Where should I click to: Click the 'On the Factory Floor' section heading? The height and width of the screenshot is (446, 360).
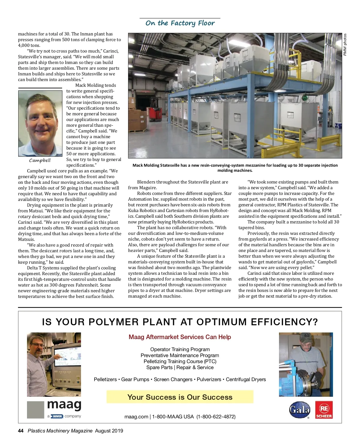tap(180, 23)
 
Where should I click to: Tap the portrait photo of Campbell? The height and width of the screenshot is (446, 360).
tap(40, 123)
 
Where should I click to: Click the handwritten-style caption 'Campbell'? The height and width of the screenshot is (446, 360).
tap(40, 160)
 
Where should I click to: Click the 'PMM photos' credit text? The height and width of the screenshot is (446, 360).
tap(345, 44)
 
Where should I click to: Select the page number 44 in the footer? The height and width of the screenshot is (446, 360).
tap(21, 431)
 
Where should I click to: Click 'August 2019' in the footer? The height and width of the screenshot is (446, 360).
tap(109, 431)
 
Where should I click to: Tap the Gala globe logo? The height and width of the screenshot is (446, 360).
tap(299, 410)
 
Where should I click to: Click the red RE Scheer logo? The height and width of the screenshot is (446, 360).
tap(324, 410)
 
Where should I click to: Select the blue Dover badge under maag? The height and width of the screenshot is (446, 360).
tap(57, 416)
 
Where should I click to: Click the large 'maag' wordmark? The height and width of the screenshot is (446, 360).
tap(64, 405)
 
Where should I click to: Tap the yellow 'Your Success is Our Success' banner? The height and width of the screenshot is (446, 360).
tap(180, 397)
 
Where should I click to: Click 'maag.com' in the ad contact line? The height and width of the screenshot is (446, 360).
tap(136, 417)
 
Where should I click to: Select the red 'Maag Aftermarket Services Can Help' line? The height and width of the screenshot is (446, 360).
tap(180, 337)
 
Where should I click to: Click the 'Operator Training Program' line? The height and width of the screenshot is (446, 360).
tap(180, 349)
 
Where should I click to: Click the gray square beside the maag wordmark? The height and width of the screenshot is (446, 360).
tap(35, 410)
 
